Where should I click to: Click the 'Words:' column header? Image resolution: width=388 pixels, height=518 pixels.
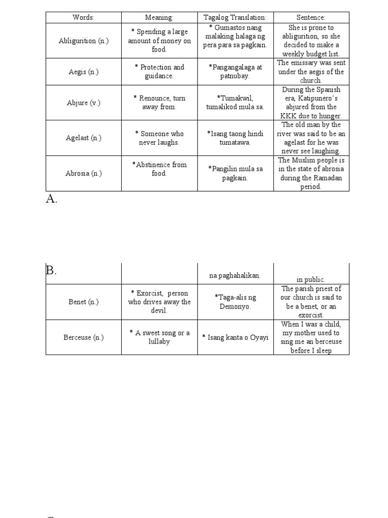tap(83, 18)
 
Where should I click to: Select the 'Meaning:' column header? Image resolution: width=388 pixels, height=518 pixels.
tap(159, 18)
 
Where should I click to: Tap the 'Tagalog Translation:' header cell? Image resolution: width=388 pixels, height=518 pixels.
tap(235, 18)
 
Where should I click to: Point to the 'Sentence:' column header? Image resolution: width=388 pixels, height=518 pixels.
tap(311, 18)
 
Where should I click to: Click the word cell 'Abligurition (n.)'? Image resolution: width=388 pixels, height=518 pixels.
tap(83, 41)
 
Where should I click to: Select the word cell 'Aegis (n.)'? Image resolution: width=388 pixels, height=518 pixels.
tap(83, 72)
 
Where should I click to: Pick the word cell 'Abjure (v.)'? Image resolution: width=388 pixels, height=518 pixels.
tap(83, 103)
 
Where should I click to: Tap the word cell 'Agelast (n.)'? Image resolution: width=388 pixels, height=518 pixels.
tap(83, 138)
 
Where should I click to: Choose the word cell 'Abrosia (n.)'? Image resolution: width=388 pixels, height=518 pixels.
tap(83, 174)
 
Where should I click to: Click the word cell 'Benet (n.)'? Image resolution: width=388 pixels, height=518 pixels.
tap(83, 302)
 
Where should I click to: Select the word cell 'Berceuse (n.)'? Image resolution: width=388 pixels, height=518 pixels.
tap(83, 337)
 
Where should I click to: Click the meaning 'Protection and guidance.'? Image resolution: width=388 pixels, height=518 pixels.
tap(159, 72)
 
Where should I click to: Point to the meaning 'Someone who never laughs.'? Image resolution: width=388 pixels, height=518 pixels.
tap(159, 138)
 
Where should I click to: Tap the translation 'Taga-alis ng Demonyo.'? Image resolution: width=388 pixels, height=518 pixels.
tap(235, 302)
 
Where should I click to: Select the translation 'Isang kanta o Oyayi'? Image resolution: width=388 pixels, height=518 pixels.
tap(235, 337)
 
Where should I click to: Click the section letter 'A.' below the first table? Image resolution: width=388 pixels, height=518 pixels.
tap(52, 199)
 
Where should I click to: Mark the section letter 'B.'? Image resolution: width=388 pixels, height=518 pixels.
tap(51, 271)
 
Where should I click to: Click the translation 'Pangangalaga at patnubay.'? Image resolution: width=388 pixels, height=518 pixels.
tap(235, 72)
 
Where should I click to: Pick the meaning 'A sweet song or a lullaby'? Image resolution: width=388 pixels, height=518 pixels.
tap(160, 337)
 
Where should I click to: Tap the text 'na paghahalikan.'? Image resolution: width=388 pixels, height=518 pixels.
tap(235, 276)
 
